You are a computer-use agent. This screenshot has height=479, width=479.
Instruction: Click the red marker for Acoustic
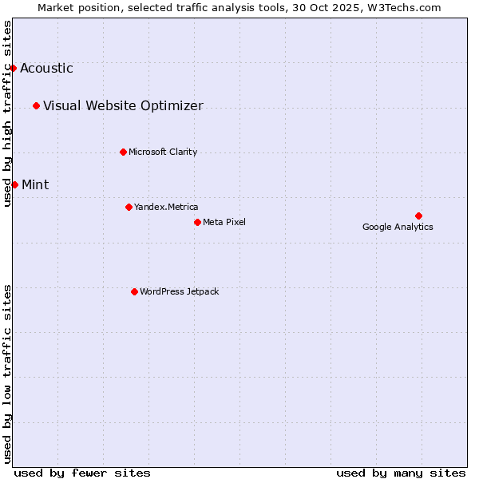[x=13, y=68]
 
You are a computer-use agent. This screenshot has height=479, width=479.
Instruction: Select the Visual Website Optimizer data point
[x=36, y=105]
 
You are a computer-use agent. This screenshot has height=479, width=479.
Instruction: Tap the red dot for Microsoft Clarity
[x=123, y=152]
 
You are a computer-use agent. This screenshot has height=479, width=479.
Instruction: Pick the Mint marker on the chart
[x=14, y=184]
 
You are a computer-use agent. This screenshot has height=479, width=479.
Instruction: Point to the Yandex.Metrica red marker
[x=129, y=207]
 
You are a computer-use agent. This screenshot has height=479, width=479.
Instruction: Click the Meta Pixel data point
[x=197, y=222]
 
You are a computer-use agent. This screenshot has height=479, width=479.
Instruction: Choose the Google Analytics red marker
[x=418, y=216]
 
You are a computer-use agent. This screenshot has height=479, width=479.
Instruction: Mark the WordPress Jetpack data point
[x=134, y=291]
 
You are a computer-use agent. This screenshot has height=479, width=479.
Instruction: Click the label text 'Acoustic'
[x=46, y=68]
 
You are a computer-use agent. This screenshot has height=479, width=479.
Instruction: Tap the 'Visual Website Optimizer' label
[x=123, y=105]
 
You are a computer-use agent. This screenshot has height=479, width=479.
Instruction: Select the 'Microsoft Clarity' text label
[x=163, y=152]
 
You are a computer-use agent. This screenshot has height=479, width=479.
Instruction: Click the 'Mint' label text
[x=35, y=184]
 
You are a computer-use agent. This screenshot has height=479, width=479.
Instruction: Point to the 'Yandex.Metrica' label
[x=166, y=207]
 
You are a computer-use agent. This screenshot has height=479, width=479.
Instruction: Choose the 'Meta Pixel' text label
[x=224, y=222]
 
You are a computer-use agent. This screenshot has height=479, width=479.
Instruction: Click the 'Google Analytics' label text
[x=398, y=227]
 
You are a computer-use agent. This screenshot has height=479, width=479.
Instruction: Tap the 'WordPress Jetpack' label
[x=179, y=291]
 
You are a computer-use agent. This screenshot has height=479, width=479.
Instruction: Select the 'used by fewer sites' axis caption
[x=82, y=473]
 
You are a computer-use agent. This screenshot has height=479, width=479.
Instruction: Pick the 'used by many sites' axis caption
[x=401, y=473]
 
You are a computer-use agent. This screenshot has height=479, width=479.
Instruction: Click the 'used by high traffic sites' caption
[x=8, y=113]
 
